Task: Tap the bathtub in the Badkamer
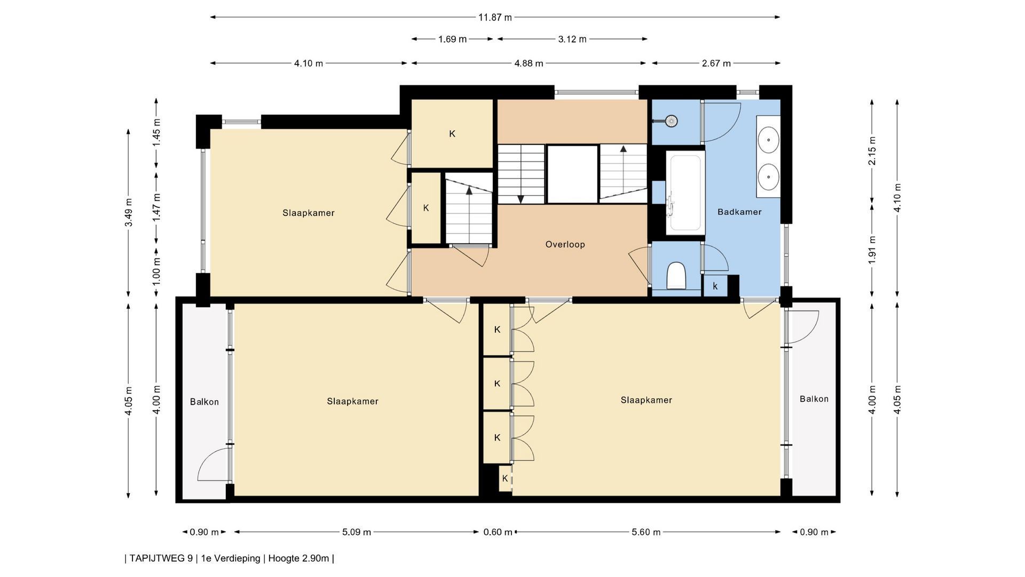[685, 192]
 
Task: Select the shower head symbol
[671, 121]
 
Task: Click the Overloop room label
[565, 245]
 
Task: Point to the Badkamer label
[739, 212]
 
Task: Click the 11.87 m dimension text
[495, 18]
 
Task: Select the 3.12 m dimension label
[572, 39]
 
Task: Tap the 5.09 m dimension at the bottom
[357, 532]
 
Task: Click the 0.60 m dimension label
[498, 532]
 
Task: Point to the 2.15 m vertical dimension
[872, 152]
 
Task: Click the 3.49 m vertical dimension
[129, 213]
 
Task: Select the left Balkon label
[204, 402]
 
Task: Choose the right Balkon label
[814, 399]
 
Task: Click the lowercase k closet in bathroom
[715, 286]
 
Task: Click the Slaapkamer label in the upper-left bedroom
[309, 213]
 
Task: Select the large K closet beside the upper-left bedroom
[452, 134]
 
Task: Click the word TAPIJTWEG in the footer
[161, 558]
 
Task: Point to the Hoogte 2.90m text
[298, 558]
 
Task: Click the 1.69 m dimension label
[452, 39]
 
